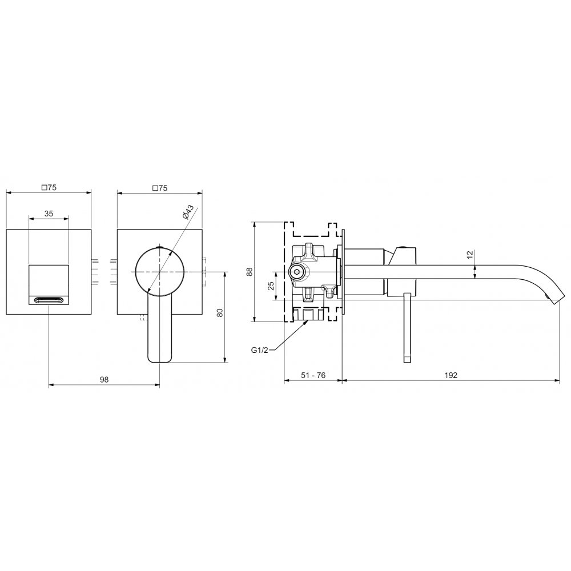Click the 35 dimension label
[x=49, y=214]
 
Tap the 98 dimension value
[x=104, y=380]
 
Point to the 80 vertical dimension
[x=220, y=312]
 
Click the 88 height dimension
[x=250, y=272]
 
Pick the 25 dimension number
[x=271, y=286]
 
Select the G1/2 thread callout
[x=259, y=351]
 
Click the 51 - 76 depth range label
[x=313, y=375]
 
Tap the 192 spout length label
[x=451, y=375]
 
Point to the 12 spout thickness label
[x=470, y=254]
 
